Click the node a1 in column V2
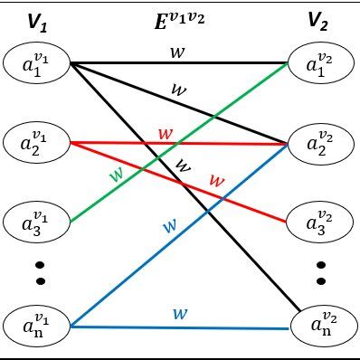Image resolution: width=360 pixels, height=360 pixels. (320, 65)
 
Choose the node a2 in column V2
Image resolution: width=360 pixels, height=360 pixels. (320, 143)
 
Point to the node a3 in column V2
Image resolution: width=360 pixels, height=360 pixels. (320, 221)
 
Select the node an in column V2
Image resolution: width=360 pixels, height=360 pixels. (320, 324)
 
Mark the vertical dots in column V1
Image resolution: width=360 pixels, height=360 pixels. (38, 272)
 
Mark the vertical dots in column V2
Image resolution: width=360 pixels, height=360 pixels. (320, 272)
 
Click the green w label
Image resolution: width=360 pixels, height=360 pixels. (117, 174)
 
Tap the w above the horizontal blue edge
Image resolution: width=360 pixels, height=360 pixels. (180, 314)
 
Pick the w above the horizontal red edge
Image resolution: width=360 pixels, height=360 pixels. (165, 133)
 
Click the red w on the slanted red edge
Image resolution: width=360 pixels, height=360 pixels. (215, 180)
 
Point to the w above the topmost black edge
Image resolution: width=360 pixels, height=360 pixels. (177, 53)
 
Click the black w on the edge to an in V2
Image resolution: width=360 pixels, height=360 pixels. (184, 166)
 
